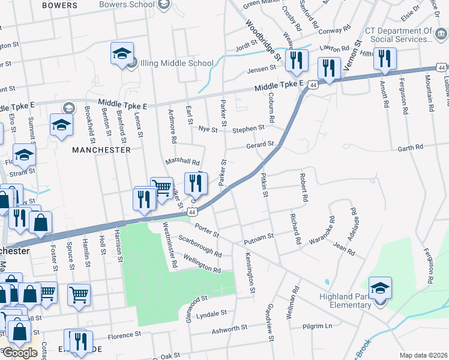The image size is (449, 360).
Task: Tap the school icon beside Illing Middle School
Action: pos(122,53)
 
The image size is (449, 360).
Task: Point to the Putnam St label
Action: pos(259,238)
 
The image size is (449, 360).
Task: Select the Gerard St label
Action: pos(260,145)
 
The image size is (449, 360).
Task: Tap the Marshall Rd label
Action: pos(182,161)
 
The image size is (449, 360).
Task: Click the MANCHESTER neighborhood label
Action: pos(101,150)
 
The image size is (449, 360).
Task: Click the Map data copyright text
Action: pos(423,355)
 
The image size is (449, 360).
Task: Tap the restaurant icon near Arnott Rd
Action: pos(384,59)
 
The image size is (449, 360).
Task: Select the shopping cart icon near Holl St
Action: pos(79,295)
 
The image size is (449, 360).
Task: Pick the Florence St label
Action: pos(124,334)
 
